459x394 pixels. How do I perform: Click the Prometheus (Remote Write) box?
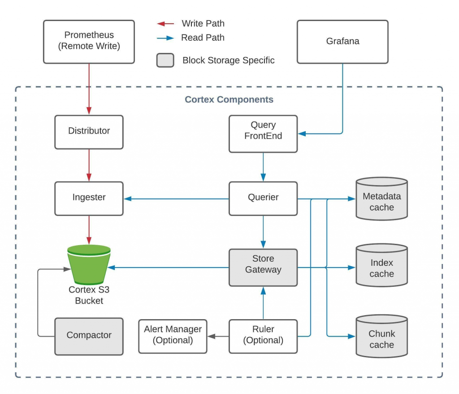point(89,42)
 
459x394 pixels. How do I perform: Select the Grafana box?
point(342,42)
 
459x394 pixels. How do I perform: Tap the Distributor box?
point(89,132)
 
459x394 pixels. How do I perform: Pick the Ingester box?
point(89,199)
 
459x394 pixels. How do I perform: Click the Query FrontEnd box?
point(263,134)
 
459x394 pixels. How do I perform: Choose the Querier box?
point(263,199)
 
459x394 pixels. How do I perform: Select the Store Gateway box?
point(263,268)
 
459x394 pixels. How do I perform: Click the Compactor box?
point(89,336)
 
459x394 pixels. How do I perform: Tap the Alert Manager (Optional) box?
point(173,336)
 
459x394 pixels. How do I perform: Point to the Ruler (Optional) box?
point(263,336)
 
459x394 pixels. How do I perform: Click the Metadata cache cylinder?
point(382,199)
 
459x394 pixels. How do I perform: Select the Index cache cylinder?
point(382,265)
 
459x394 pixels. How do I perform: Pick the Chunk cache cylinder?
point(382,336)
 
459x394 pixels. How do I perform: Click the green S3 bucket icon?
point(89,264)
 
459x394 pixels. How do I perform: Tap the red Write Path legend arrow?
point(165,24)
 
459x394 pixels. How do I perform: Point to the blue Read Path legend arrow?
point(165,38)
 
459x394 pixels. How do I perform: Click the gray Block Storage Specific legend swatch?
point(165,61)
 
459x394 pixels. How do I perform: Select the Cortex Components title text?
point(229,100)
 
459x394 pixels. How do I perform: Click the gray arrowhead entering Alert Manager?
point(212,336)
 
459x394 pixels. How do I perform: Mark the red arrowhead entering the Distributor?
point(89,111)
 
